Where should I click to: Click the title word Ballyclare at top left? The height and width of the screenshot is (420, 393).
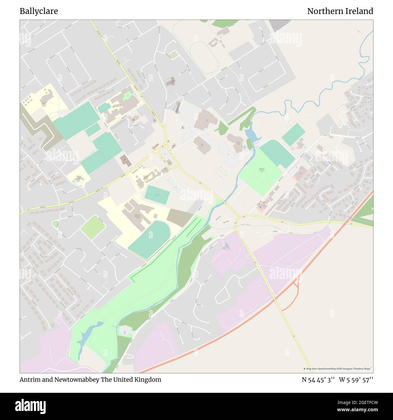coord(39,11)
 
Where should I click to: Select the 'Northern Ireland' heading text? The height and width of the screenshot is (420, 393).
coord(340,11)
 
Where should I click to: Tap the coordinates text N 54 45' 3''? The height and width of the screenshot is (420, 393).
coord(318,380)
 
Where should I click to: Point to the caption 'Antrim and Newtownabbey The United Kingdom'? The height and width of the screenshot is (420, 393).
coord(90,380)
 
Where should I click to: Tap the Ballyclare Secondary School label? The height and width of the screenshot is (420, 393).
coord(138,216)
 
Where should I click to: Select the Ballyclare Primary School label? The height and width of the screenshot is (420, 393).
coord(146,177)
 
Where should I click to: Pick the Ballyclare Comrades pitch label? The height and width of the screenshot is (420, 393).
coord(157,195)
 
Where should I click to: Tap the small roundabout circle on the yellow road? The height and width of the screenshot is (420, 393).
coord(164,126)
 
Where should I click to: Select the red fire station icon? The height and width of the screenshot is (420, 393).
coord(133,120)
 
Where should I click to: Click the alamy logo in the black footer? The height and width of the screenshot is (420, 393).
coord(31,406)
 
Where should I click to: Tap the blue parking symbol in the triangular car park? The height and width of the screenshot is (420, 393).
coord(165,154)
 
